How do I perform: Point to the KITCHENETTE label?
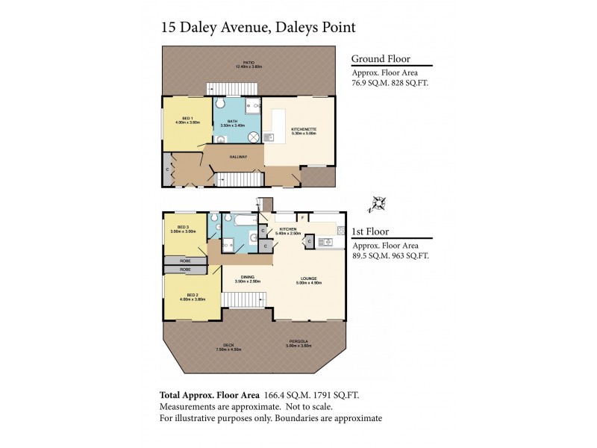coord(304,130)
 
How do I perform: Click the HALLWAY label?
coord(239,156)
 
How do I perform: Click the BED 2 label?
coord(192,296)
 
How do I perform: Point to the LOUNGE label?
coord(308,278)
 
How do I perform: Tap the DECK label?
coord(228,344)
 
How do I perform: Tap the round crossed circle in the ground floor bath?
coord(253,137)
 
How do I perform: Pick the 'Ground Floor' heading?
coord(380,59)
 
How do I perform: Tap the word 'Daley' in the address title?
coord(201,27)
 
